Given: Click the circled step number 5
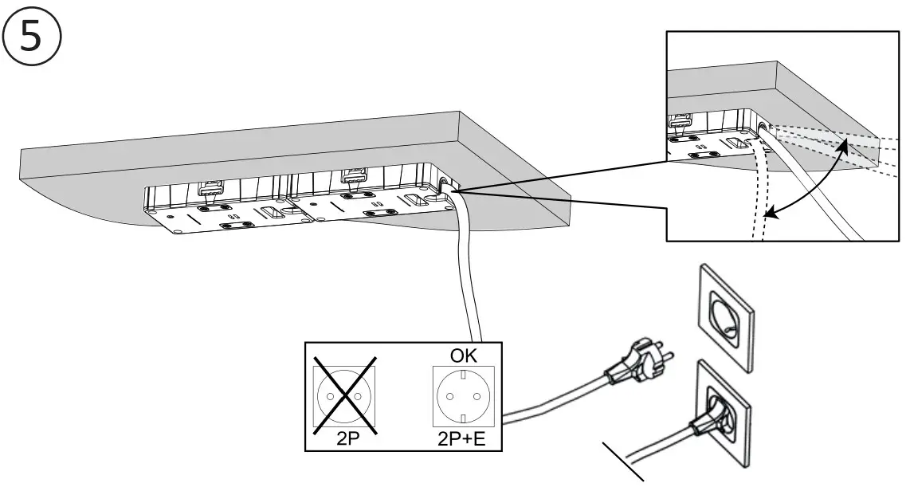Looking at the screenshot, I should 29,36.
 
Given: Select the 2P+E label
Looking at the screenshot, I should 462,438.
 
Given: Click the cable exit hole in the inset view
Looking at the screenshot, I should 763,125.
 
